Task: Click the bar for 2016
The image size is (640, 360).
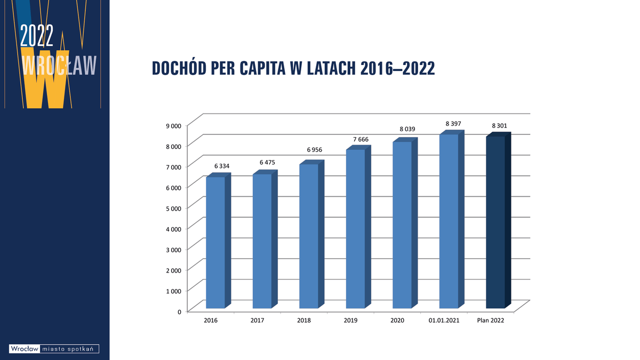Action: click(x=215, y=242)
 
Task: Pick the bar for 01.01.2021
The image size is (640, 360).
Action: click(x=449, y=221)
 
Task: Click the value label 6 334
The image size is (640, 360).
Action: click(x=222, y=166)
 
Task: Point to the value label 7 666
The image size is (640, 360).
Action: click(x=361, y=139)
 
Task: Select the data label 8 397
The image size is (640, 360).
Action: click(x=454, y=124)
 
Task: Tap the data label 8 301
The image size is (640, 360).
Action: click(x=499, y=126)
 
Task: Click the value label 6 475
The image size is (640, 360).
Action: click(x=267, y=162)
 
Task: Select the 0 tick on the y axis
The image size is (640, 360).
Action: click(x=179, y=311)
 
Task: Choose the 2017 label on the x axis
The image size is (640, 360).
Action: click(x=257, y=321)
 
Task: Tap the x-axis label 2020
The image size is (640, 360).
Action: click(x=397, y=321)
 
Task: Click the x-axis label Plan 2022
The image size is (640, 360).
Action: click(x=490, y=321)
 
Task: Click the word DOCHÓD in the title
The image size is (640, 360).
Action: click(x=180, y=68)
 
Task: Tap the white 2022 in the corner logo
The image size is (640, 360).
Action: click(x=37, y=36)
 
